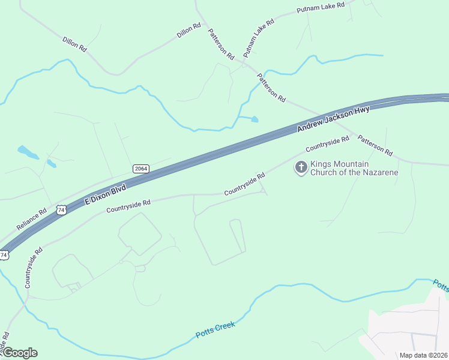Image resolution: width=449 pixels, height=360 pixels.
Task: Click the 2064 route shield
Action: click(140, 169)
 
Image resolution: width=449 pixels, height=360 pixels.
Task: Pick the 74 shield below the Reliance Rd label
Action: click(4, 255)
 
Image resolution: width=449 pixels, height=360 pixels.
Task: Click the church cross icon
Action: click(300, 168)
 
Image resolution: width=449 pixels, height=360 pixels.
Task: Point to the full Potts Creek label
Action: click(215, 330)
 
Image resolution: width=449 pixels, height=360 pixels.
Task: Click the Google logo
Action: click(20, 352)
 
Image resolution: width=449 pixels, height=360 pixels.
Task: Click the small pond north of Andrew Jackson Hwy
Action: click(255, 119)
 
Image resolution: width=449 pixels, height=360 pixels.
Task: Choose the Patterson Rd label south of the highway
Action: click(375, 145)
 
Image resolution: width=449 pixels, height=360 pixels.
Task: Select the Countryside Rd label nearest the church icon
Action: click(327, 144)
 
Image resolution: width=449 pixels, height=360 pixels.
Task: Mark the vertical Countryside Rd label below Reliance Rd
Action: click(32, 268)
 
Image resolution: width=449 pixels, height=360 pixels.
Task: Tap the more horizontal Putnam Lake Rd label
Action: click(321, 8)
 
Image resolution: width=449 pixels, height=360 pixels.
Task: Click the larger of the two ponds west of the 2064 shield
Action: click(28, 152)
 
